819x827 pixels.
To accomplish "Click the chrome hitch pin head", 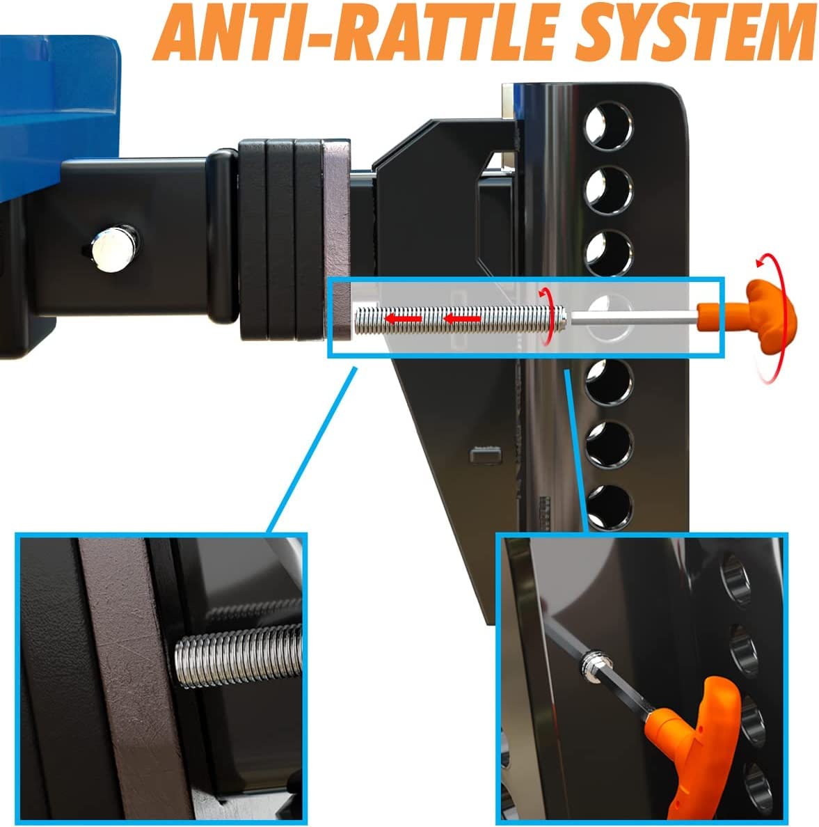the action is pos(113,249).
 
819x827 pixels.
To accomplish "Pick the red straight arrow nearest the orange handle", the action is pos(461,319).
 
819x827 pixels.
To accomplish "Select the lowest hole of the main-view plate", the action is pos(610,506).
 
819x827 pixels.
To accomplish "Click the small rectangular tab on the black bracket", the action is pos(486,454).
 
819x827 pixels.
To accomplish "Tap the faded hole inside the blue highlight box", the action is pos(609,317).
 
